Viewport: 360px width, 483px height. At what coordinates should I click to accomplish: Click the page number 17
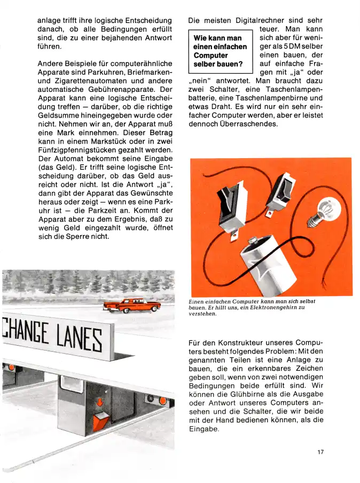[320, 453]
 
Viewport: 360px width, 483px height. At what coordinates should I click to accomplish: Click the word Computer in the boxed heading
[211, 56]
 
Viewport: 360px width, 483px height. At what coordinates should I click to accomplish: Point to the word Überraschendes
[244, 124]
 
